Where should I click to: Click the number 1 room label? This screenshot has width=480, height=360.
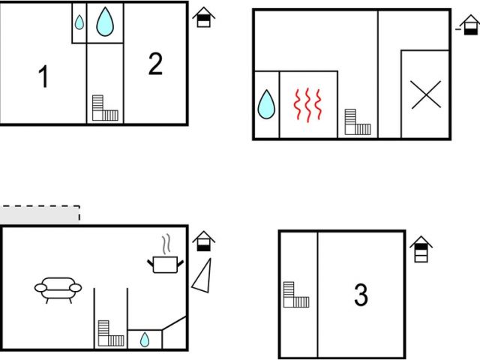[x=43, y=76]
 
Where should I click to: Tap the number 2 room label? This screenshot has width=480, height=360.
[x=155, y=64]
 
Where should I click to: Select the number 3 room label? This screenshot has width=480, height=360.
[x=361, y=295]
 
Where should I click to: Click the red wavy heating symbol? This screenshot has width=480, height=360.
[x=307, y=105]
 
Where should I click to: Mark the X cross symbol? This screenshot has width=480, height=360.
[x=426, y=94]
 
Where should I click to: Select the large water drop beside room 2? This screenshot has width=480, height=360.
[x=105, y=22]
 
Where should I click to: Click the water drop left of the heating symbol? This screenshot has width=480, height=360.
[x=266, y=104]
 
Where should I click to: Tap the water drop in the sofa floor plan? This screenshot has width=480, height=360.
[x=145, y=340]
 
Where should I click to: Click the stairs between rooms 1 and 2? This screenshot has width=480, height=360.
[x=105, y=108]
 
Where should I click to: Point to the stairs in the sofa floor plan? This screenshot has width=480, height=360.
[x=109, y=334]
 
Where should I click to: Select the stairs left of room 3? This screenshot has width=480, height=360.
[x=295, y=294]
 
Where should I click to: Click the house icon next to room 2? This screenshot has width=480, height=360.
[x=203, y=17]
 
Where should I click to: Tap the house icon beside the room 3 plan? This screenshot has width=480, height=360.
[x=421, y=250]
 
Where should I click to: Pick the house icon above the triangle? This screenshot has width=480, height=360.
[x=203, y=241]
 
